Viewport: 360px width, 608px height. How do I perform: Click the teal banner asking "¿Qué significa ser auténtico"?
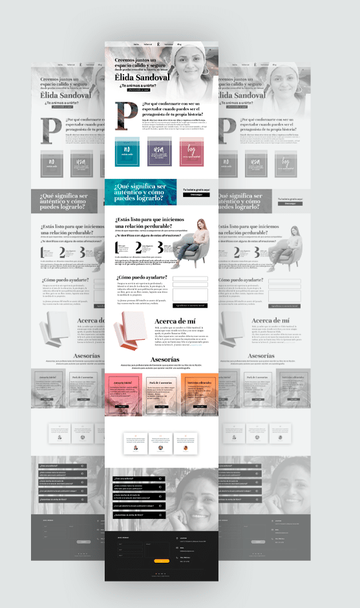(x=140, y=192)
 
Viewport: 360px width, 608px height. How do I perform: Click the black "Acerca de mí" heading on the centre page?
(x=176, y=321)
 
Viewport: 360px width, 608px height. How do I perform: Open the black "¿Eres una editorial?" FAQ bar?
(x=138, y=479)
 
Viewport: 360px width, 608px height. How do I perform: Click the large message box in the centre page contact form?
(x=189, y=295)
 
